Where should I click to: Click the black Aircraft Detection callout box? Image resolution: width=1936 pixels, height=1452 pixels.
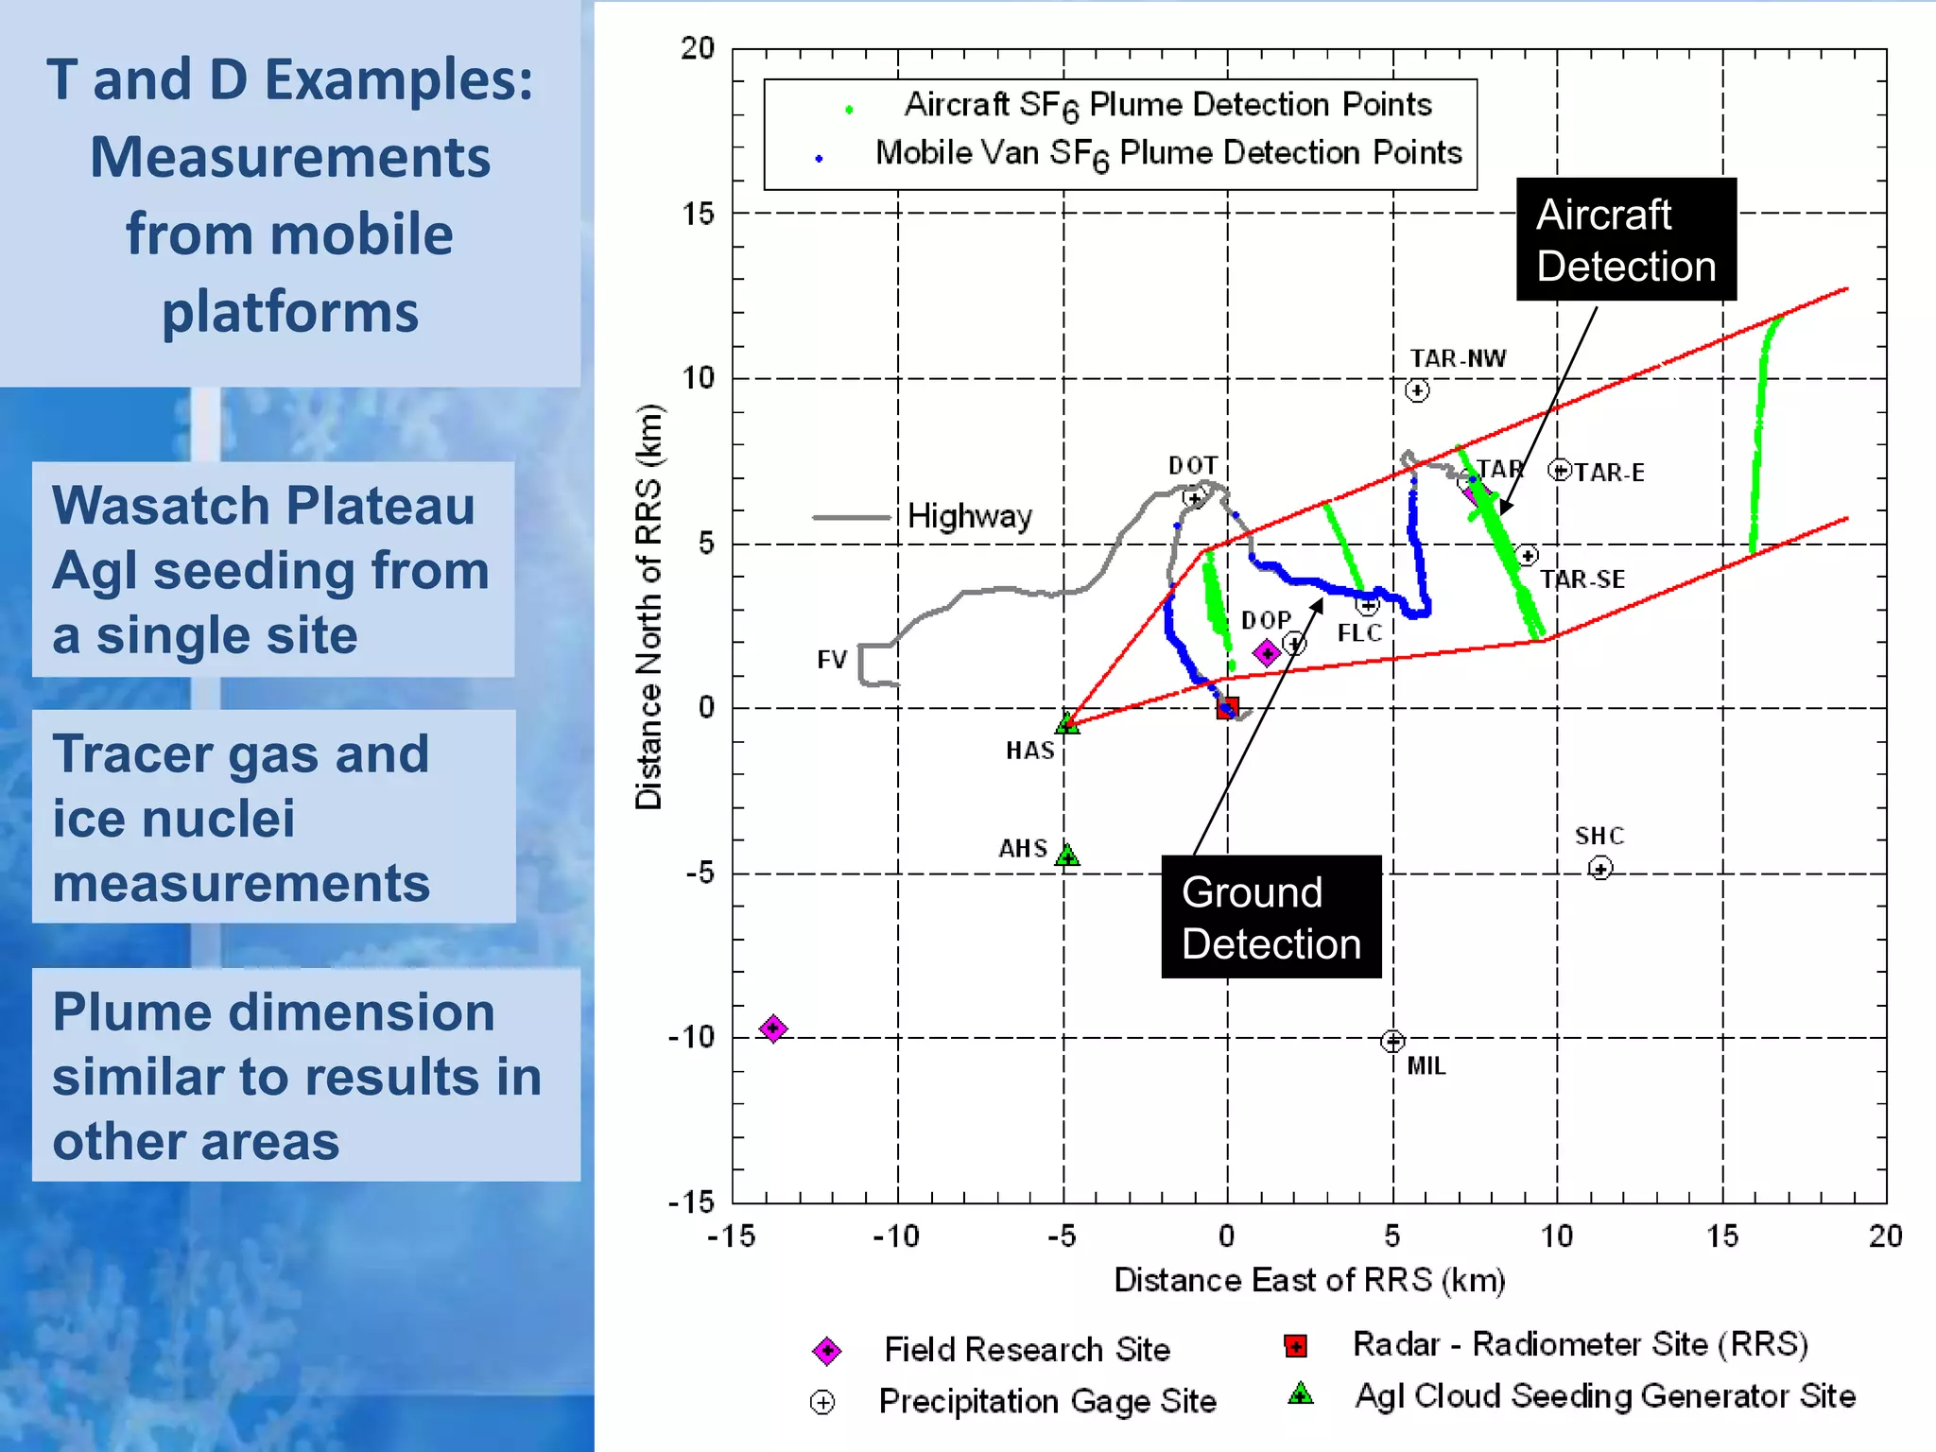(x=1626, y=239)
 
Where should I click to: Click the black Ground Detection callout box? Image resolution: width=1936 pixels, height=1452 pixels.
(x=1270, y=917)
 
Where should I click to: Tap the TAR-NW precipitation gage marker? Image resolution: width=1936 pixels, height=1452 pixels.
(x=1416, y=390)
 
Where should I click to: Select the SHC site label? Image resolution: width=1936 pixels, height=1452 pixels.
(x=1599, y=836)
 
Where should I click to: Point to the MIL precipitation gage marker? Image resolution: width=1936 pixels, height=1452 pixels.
(x=1391, y=1041)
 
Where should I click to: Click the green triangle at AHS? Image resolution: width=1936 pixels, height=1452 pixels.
(x=1066, y=856)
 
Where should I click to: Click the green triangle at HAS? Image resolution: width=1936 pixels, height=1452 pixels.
(x=1066, y=723)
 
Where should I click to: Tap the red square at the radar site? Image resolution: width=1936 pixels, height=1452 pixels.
(x=1227, y=707)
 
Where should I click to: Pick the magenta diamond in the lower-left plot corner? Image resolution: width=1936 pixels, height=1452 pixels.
(x=773, y=1028)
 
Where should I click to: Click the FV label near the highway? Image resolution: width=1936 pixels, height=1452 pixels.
(x=832, y=660)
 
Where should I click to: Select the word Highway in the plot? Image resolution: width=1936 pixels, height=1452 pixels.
(x=969, y=516)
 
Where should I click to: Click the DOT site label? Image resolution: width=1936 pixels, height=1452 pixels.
(x=1192, y=465)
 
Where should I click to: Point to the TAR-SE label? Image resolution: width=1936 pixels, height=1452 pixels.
(x=1582, y=579)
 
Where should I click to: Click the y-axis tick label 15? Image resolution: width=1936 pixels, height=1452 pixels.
(x=699, y=214)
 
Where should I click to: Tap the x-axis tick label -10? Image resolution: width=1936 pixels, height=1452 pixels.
(x=895, y=1236)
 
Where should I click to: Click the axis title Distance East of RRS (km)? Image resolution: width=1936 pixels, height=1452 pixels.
(x=1308, y=1280)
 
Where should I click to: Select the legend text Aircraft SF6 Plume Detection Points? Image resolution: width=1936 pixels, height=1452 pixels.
(x=1167, y=105)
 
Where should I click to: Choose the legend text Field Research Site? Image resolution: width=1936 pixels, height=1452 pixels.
(x=1027, y=1349)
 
